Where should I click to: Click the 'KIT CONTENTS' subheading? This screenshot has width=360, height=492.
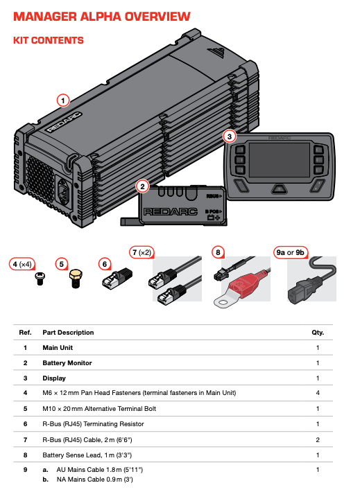coord(49,41)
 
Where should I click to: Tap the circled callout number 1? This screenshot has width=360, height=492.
coord(63,100)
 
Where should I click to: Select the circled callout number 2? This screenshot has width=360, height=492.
coord(142,186)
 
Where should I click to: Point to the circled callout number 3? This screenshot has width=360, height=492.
coord(230,137)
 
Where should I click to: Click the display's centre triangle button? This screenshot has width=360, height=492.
coord(278,188)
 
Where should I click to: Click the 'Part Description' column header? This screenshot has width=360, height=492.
coord(68,333)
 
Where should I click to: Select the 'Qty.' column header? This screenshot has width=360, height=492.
coord(318,333)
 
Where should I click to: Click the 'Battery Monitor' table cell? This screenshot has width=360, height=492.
coord(67,362)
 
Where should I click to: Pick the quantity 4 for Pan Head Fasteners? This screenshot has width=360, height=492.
coord(318,393)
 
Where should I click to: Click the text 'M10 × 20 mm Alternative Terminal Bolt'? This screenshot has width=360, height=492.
coord(109,408)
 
